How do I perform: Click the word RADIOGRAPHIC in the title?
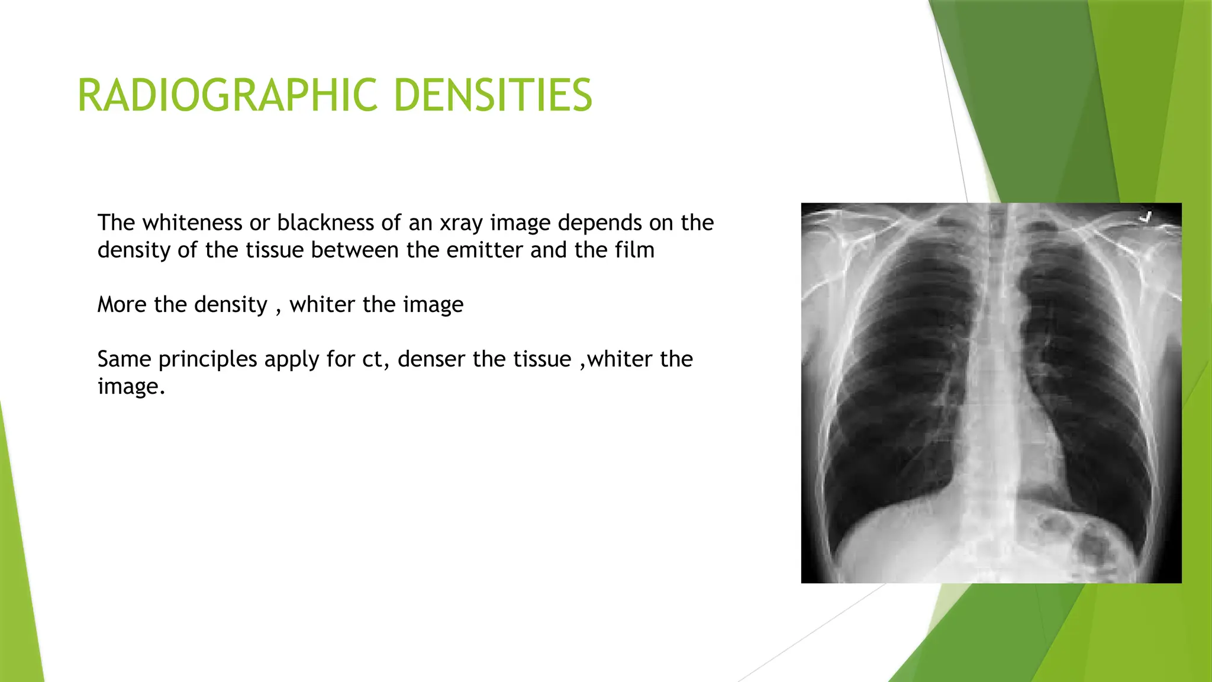(x=227, y=95)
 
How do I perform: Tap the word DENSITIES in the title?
(x=492, y=95)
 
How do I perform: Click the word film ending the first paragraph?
(x=634, y=250)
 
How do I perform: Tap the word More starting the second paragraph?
(x=122, y=305)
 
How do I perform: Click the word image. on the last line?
(x=131, y=387)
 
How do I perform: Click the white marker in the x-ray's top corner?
(x=1146, y=217)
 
